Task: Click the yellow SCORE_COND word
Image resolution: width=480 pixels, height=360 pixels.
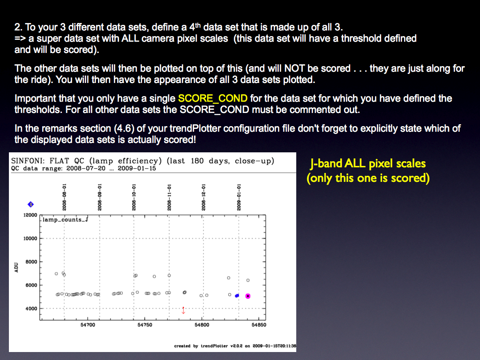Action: point(213,98)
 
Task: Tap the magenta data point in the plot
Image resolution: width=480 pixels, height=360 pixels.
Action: point(248,296)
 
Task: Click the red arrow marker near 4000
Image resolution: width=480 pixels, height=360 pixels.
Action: point(183,310)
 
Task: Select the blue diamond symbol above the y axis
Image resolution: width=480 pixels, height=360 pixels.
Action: point(30,204)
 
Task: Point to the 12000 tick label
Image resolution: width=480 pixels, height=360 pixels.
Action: point(30,215)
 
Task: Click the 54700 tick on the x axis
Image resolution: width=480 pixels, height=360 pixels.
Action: point(88,325)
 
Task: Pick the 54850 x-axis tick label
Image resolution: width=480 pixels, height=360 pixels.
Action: point(259,325)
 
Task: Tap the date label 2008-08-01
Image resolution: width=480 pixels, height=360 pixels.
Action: point(64,197)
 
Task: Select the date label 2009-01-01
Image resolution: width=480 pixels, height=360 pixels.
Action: point(239,197)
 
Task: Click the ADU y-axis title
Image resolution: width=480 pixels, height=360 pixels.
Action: point(16,267)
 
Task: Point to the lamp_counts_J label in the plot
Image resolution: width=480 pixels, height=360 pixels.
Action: point(65,219)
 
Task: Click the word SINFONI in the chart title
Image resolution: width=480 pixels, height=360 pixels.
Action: point(28,161)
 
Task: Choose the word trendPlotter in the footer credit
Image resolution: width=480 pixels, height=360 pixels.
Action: point(214,346)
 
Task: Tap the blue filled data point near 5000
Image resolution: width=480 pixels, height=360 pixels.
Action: point(237,296)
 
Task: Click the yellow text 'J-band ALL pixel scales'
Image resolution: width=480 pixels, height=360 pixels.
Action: point(367,164)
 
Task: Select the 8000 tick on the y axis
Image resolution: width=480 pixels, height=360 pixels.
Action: point(31,262)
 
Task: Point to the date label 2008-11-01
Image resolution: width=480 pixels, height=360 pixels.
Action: point(169,197)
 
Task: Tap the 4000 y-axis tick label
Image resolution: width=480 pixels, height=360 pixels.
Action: point(31,308)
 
